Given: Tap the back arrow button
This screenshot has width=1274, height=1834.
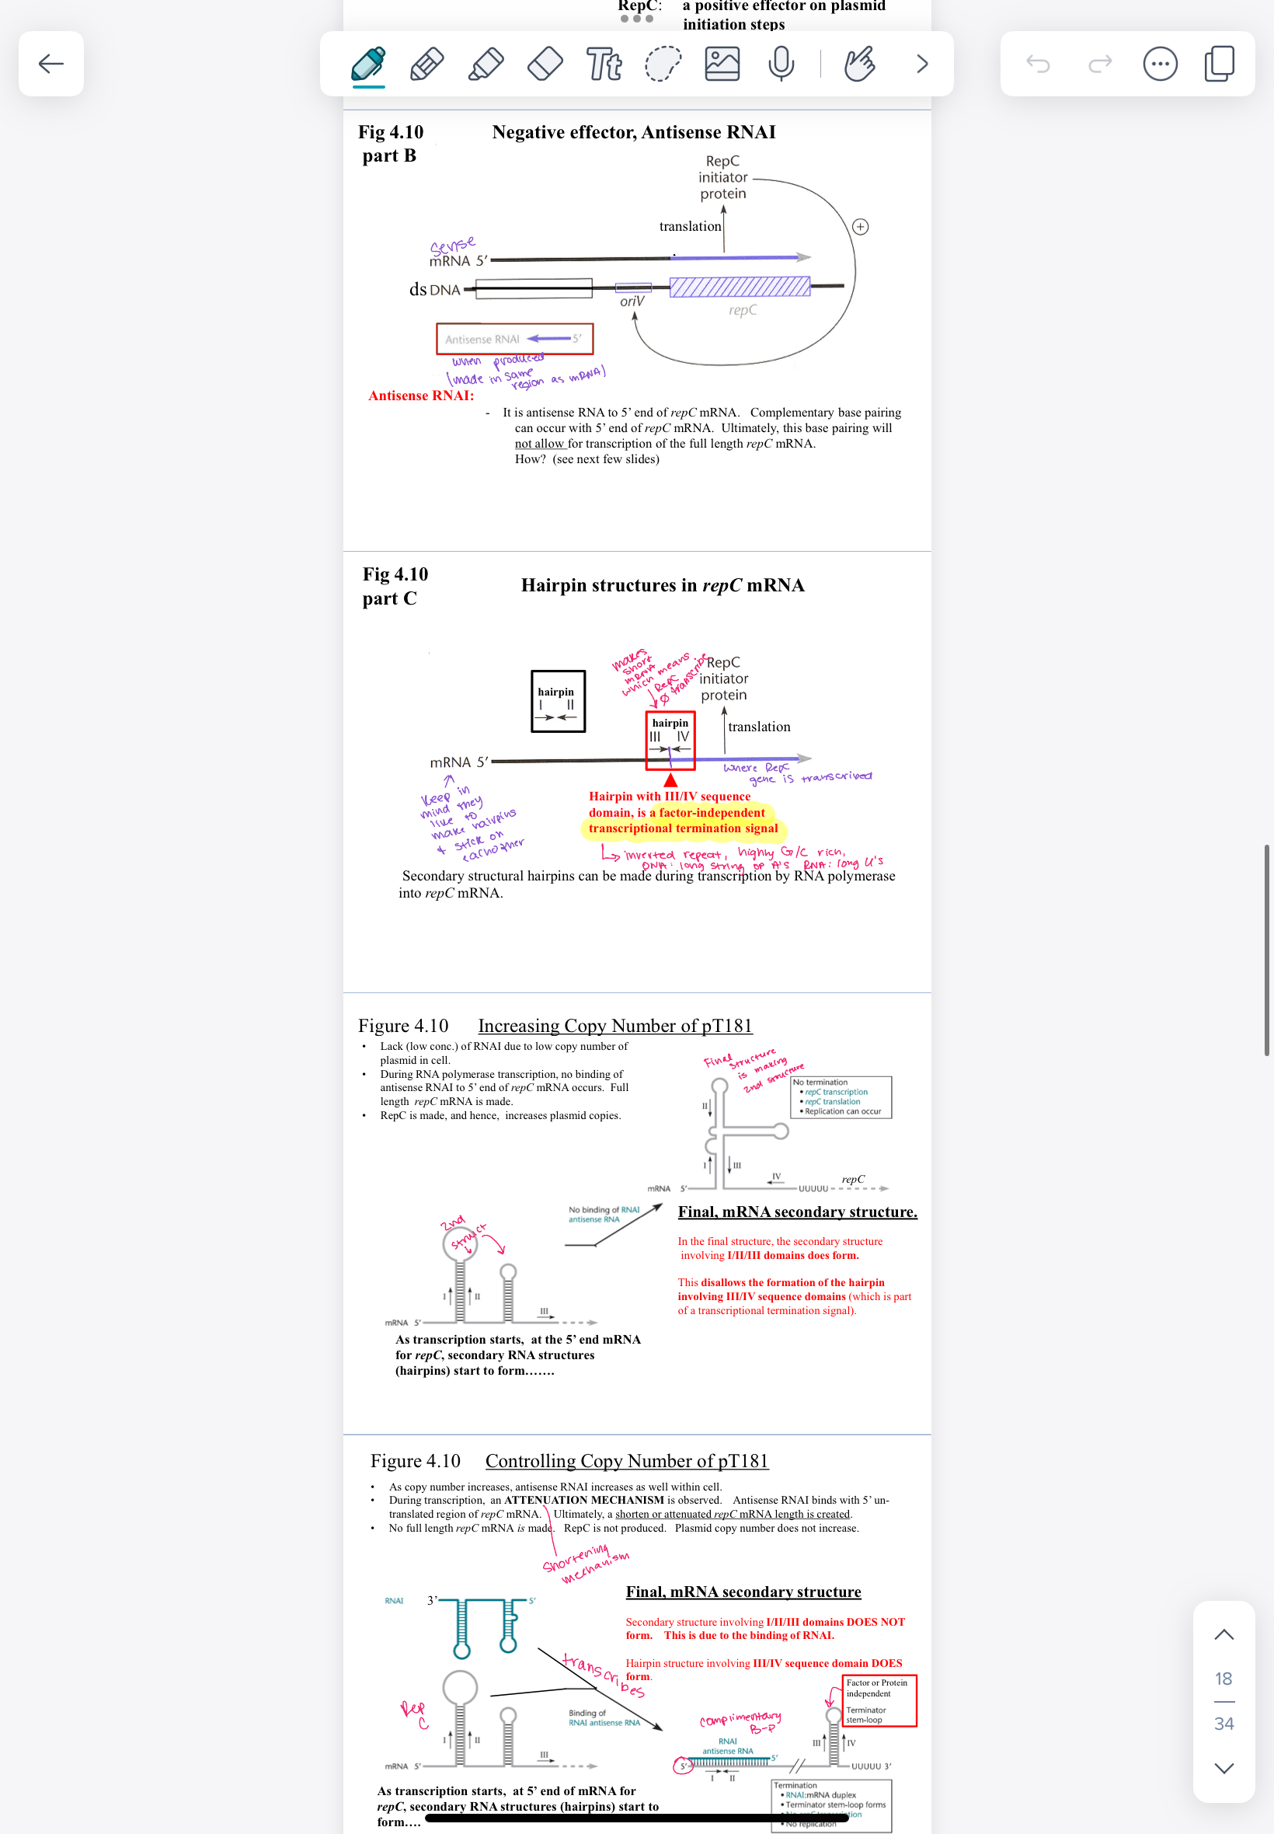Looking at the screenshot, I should coord(51,64).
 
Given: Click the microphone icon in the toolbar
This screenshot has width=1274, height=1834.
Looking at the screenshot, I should coord(781,64).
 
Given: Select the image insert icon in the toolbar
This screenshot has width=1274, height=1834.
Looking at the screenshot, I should coord(722,64).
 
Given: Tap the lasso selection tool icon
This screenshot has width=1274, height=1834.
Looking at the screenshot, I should coord(663,64).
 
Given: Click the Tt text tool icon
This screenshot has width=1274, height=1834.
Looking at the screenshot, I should coord(604,64).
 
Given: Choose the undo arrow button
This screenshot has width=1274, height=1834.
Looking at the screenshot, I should coord(1038,64).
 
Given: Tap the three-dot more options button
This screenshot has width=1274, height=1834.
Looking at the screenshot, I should coord(1160,64).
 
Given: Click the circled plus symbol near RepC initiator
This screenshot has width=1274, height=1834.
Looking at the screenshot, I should coord(860,227).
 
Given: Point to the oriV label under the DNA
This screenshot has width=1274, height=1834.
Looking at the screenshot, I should coord(632,302).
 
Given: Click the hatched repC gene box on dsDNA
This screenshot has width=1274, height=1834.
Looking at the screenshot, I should coord(740,287).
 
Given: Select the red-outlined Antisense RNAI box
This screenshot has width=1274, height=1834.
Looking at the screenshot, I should coord(514,339).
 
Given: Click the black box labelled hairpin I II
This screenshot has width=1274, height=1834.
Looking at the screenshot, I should coord(558,701).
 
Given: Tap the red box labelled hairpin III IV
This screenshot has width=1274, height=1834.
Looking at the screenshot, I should coord(670,740).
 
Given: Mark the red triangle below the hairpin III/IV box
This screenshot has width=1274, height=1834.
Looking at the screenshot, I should coord(670,780).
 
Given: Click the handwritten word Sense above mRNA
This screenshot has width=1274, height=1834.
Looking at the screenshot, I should coord(453,245).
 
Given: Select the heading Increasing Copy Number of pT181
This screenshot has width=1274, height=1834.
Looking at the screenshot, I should coord(614,1025).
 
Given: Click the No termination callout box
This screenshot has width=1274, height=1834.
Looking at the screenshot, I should coord(841,1097).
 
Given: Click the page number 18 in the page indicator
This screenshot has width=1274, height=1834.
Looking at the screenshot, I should coord(1223,1679).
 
